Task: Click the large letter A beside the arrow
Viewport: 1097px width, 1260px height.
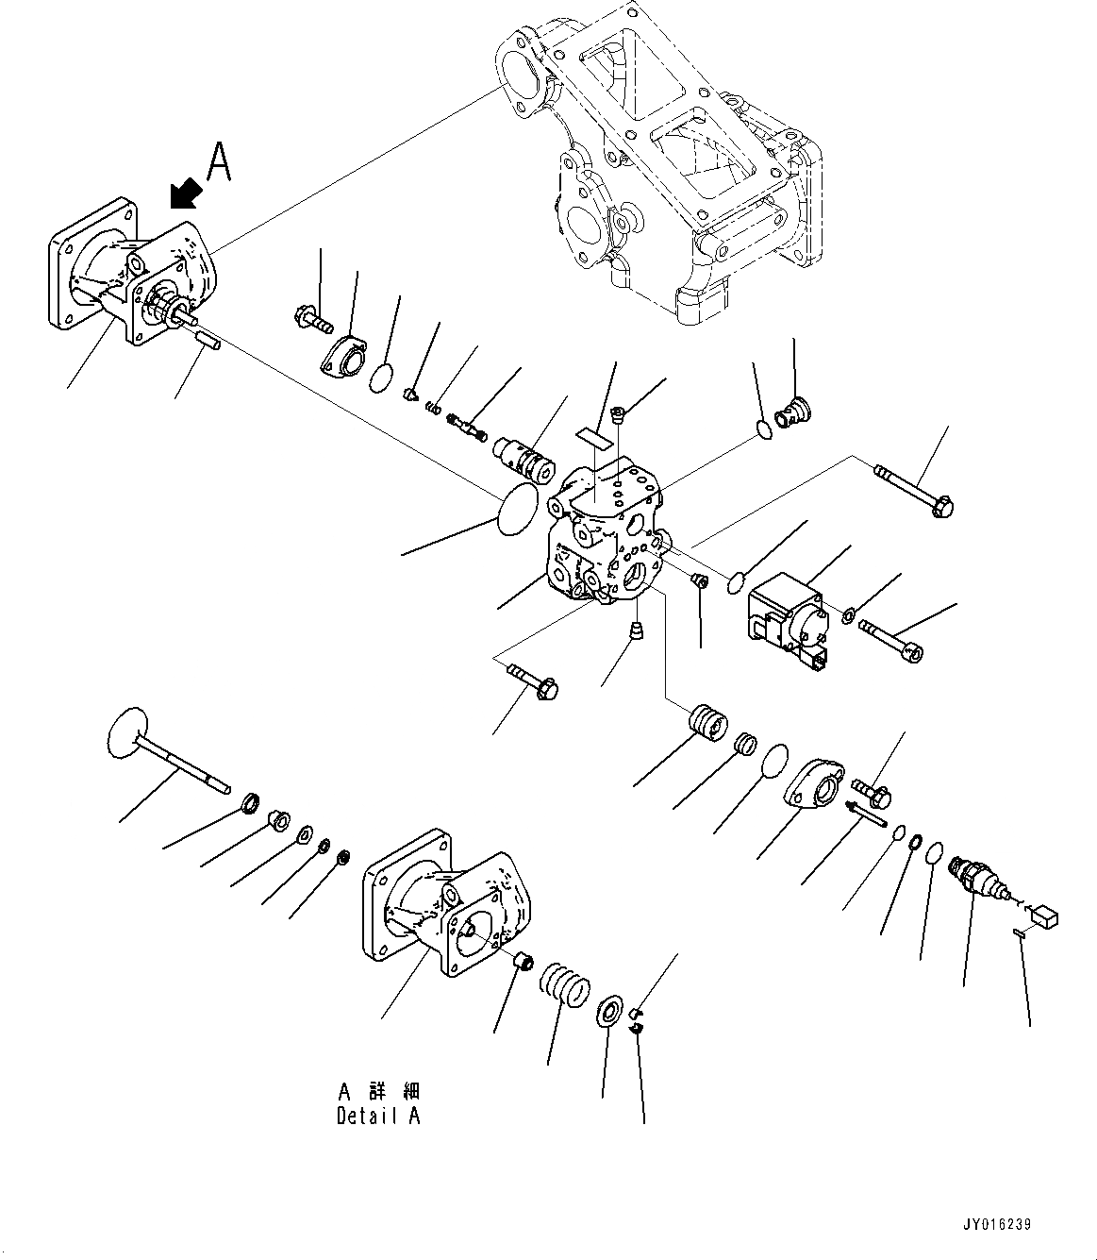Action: pos(218,161)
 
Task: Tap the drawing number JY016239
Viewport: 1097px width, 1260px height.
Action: pos(998,1225)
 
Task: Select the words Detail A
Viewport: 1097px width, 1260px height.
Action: pos(378,1116)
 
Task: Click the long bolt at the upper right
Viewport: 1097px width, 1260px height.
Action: pos(915,490)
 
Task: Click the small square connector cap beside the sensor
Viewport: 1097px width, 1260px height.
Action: pos(1047,916)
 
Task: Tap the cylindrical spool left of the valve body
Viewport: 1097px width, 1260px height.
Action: pos(522,455)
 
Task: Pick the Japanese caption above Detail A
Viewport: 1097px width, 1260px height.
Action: pos(378,1091)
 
